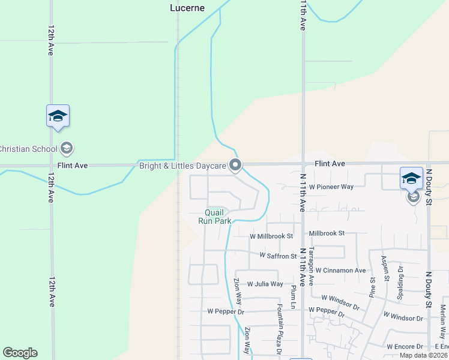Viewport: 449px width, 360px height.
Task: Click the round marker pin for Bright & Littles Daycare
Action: (x=235, y=165)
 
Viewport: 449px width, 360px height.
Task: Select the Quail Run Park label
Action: (x=215, y=217)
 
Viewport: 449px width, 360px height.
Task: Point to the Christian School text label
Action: (x=28, y=149)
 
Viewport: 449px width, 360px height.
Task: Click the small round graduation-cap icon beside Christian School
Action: (x=67, y=148)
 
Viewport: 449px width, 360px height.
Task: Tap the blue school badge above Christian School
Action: (x=58, y=116)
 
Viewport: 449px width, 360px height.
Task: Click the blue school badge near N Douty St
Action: (x=411, y=178)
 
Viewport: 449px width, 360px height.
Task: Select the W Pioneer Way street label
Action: (x=331, y=187)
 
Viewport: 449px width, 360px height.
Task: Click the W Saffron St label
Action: (x=278, y=256)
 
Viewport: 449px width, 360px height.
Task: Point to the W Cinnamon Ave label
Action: (x=340, y=271)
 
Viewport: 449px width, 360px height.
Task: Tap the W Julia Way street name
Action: (x=265, y=284)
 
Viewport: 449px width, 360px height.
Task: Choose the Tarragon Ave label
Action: (x=311, y=266)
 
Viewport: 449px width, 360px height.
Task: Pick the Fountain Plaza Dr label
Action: (x=279, y=329)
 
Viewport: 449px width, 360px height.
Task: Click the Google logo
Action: (x=20, y=353)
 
